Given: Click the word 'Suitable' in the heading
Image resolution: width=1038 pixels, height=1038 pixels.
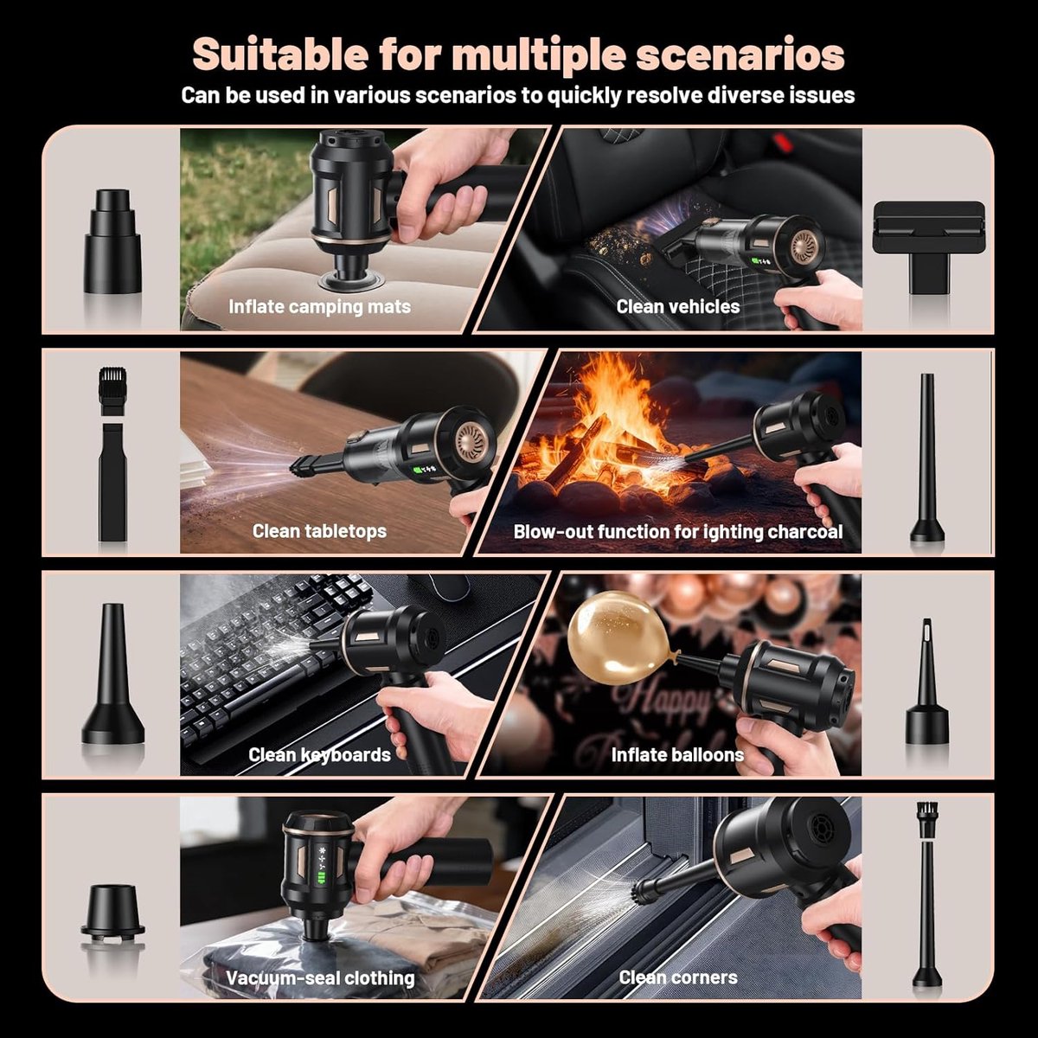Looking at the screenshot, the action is (280, 54).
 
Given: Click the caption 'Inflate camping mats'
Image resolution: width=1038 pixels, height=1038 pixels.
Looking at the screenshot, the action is (319, 306).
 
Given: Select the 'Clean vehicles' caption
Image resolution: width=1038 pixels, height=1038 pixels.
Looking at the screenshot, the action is (677, 306).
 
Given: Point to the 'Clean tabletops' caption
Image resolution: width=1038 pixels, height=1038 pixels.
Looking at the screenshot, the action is (319, 531).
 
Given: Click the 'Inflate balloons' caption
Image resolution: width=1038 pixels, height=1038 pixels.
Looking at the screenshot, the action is (677, 754).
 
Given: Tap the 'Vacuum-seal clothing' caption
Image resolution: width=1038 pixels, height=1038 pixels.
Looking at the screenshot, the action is (321, 978).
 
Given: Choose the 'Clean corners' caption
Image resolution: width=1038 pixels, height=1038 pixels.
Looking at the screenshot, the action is (677, 977).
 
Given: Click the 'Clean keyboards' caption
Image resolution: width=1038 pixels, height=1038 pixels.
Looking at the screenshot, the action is (319, 754).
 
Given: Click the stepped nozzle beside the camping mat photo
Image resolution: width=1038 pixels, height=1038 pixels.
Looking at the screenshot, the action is (112, 240).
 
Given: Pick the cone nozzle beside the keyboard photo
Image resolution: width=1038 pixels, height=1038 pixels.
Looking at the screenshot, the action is (112, 673).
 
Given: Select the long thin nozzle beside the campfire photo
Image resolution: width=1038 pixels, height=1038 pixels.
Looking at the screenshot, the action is (927, 458).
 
